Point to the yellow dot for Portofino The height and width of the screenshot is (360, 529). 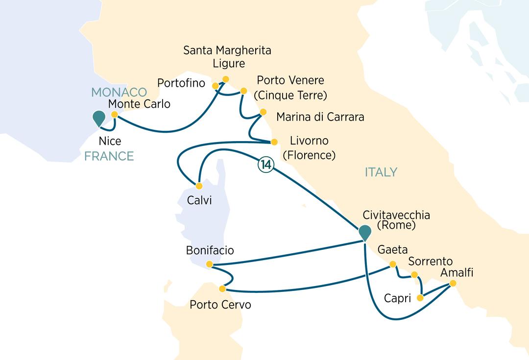pyautogui.click(x=215, y=86)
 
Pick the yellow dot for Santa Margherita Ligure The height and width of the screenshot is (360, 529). pyautogui.click(x=226, y=79)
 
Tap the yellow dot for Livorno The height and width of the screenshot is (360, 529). pyautogui.click(x=274, y=142)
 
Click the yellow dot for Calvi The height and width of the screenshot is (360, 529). pyautogui.click(x=199, y=186)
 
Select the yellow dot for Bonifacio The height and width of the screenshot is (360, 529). pyautogui.click(x=210, y=264)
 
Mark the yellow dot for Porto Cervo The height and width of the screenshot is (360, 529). pyautogui.click(x=222, y=288)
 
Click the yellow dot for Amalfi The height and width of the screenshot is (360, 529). pyautogui.click(x=453, y=284)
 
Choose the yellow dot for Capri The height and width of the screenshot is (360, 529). pyautogui.click(x=420, y=298)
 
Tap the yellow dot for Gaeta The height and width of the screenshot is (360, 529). pyautogui.click(x=392, y=264)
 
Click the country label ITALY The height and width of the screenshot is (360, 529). pyautogui.click(x=381, y=172)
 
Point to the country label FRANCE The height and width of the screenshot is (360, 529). pyautogui.click(x=109, y=156)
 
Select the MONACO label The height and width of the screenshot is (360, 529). pyautogui.click(x=119, y=92)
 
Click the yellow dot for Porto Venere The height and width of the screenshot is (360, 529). pyautogui.click(x=243, y=91)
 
